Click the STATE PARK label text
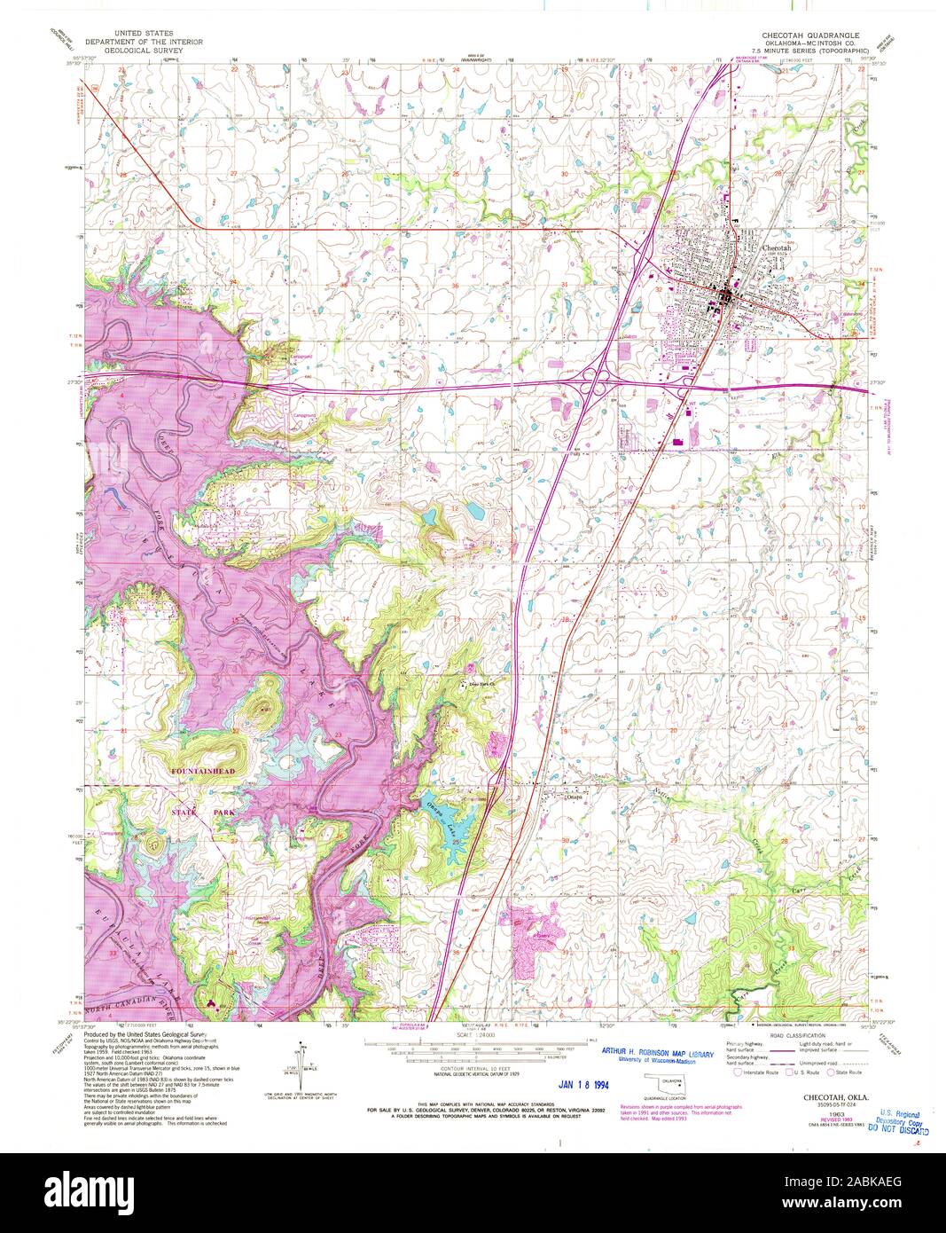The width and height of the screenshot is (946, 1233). click(x=204, y=812)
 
